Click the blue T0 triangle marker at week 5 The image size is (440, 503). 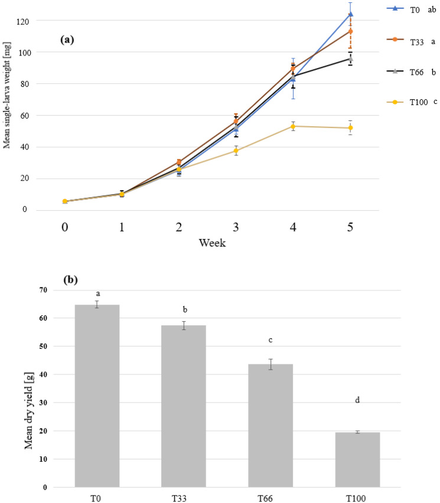[351, 14]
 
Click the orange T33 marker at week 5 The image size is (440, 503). [351, 31]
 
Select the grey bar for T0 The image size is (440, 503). [97, 396]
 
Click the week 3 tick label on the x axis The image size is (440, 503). [236, 228]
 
